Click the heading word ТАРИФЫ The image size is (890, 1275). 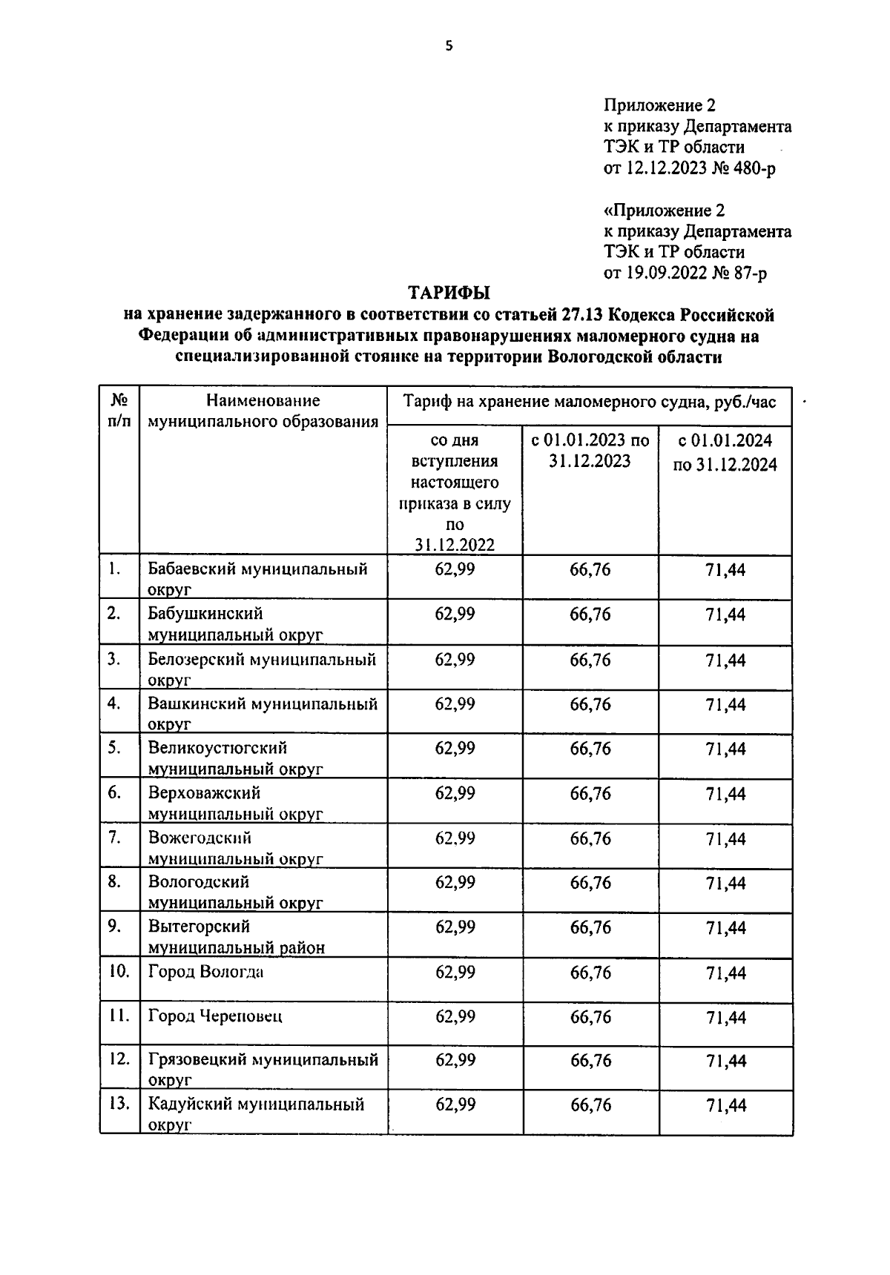pos(451,293)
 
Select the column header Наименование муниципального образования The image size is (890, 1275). pos(263,411)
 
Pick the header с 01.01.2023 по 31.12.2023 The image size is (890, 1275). pos(590,451)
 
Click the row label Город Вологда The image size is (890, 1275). pos(205,972)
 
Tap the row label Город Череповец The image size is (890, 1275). pos(215,1016)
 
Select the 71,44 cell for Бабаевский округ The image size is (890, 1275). pos(725,571)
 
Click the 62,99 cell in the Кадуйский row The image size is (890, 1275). pos(455,1105)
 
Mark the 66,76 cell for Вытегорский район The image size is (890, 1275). pos(590,927)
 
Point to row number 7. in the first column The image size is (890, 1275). pos(114,838)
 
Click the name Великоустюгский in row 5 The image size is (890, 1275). pos(217,748)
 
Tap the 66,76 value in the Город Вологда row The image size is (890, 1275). pos(590,973)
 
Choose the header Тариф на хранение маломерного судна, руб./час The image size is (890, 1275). pos(590,403)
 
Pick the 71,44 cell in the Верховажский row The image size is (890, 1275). pos(725,794)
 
